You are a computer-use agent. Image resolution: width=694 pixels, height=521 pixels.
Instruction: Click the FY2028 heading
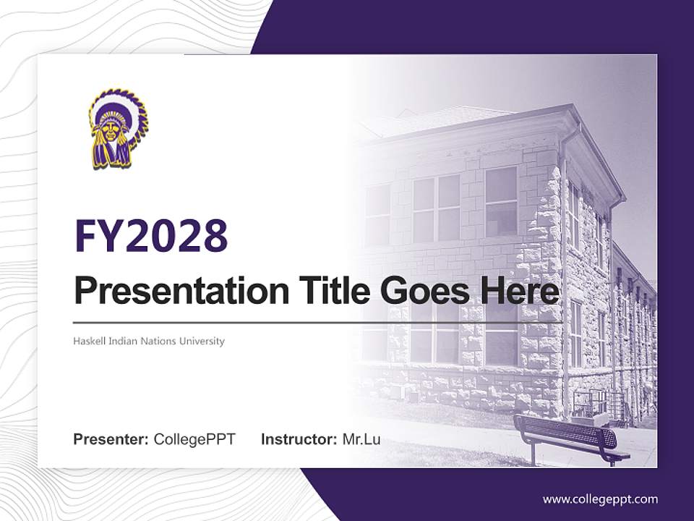click(151, 236)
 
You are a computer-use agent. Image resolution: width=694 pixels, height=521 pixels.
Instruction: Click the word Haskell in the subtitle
click(88, 341)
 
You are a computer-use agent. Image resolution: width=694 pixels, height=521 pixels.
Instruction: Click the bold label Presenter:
click(111, 439)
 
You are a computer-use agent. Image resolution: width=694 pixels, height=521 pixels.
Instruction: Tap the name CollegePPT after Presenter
click(194, 439)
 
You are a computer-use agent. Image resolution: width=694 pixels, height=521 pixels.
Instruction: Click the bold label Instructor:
click(299, 439)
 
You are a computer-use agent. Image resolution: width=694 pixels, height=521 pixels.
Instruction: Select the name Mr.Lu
click(361, 439)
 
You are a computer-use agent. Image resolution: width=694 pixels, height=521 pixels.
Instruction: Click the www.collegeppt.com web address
click(600, 499)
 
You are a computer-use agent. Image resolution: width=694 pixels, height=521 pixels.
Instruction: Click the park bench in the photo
click(571, 436)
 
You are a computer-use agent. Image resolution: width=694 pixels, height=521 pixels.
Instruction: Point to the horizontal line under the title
click(318, 322)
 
